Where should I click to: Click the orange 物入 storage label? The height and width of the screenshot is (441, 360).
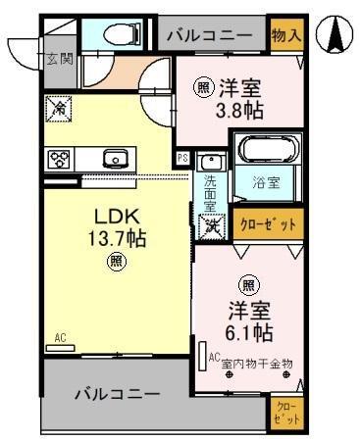click(x=285, y=35)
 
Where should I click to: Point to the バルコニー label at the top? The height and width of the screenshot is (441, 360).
click(x=210, y=35)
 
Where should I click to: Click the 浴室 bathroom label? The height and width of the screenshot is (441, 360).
click(x=267, y=182)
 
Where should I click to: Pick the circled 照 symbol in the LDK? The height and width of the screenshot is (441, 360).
click(x=116, y=261)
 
